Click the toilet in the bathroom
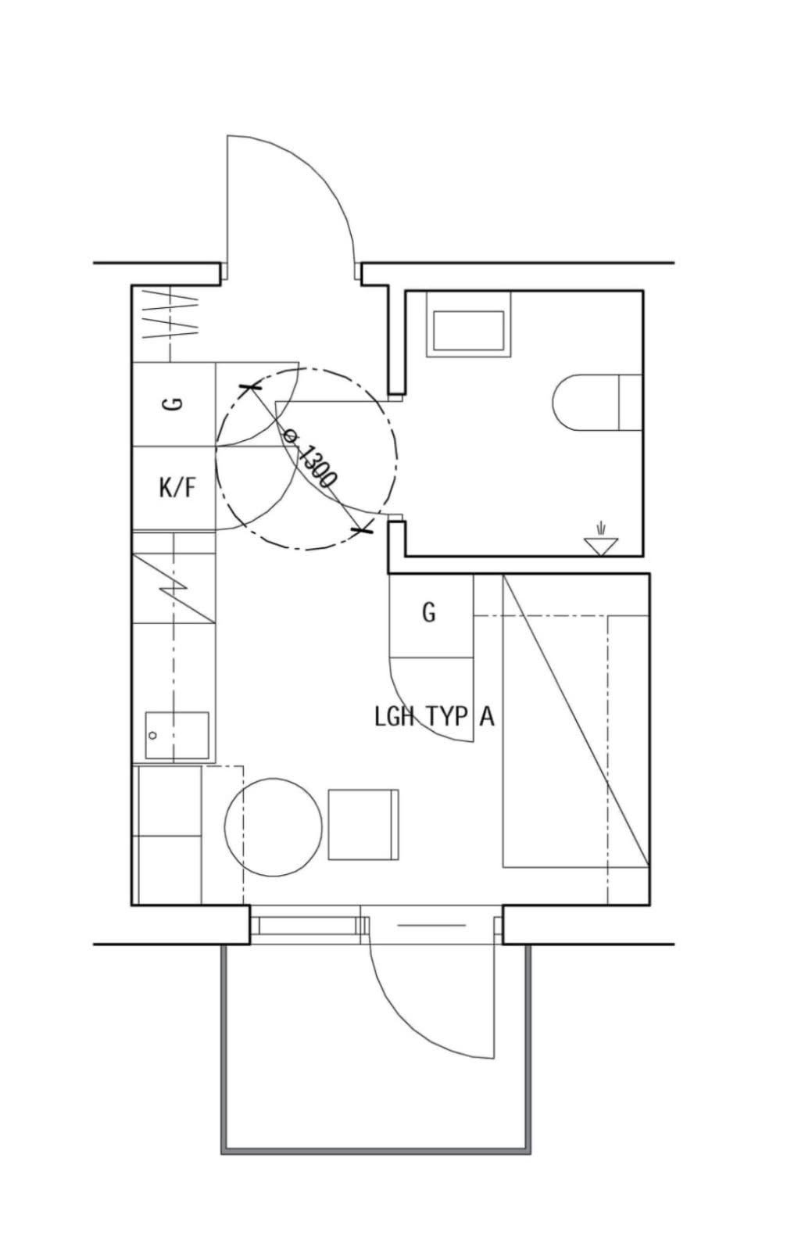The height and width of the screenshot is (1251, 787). [597, 402]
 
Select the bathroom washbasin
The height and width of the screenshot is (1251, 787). [469, 324]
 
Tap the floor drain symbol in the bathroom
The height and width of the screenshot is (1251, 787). [600, 539]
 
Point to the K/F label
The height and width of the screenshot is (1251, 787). [177, 488]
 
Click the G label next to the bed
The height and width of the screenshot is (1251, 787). [428, 613]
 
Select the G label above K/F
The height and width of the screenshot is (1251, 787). [174, 403]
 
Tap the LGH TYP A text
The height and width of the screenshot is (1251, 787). [435, 716]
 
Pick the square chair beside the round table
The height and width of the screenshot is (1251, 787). [363, 824]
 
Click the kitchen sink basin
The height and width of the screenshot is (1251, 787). [177, 735]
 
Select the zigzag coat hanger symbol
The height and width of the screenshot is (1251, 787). [171, 314]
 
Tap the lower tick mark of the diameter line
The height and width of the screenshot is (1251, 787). [363, 528]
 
